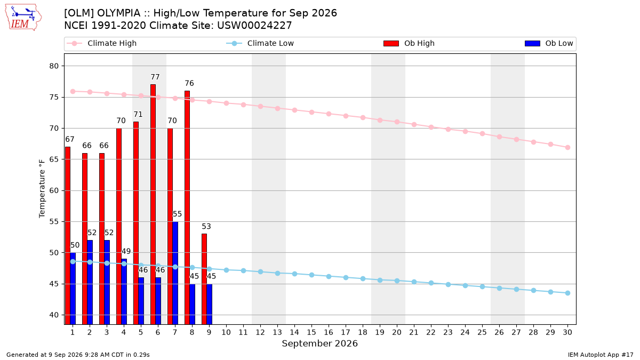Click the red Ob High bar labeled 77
click(x=153, y=204)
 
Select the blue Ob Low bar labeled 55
click(x=175, y=273)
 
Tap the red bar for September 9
click(x=204, y=279)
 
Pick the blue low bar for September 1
click(x=73, y=289)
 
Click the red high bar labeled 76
click(x=187, y=207)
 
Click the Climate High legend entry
click(x=101, y=43)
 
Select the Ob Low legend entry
click(x=549, y=43)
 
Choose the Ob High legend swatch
click(x=391, y=43)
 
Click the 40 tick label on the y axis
click(x=54, y=315)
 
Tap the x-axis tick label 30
click(x=567, y=332)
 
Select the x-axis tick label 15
click(x=311, y=332)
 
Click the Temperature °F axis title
click(x=42, y=189)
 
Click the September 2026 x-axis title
click(x=319, y=343)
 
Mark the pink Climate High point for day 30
click(x=567, y=147)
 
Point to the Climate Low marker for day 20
click(x=397, y=281)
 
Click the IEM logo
click(x=23, y=18)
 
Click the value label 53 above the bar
click(x=206, y=227)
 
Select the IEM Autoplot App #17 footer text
click(x=601, y=355)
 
